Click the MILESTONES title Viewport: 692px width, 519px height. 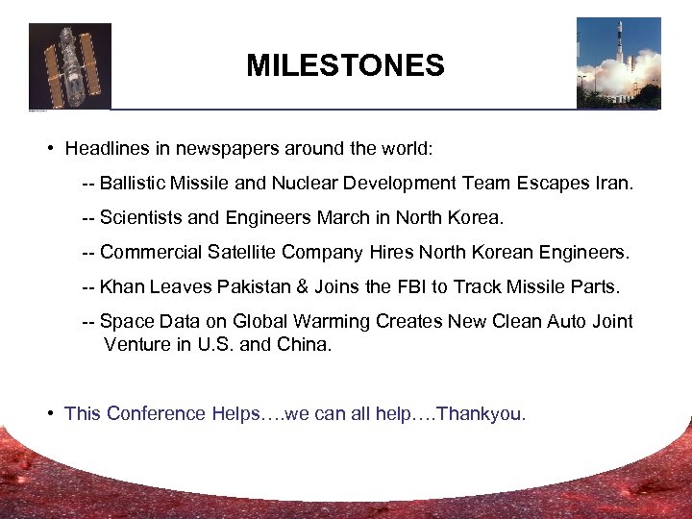[x=345, y=65]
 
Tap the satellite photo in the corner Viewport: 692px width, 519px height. [x=70, y=65]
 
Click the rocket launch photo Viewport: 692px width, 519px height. [x=618, y=62]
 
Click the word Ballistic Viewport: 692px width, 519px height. [x=134, y=184]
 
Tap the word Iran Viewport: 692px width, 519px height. [x=613, y=184]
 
